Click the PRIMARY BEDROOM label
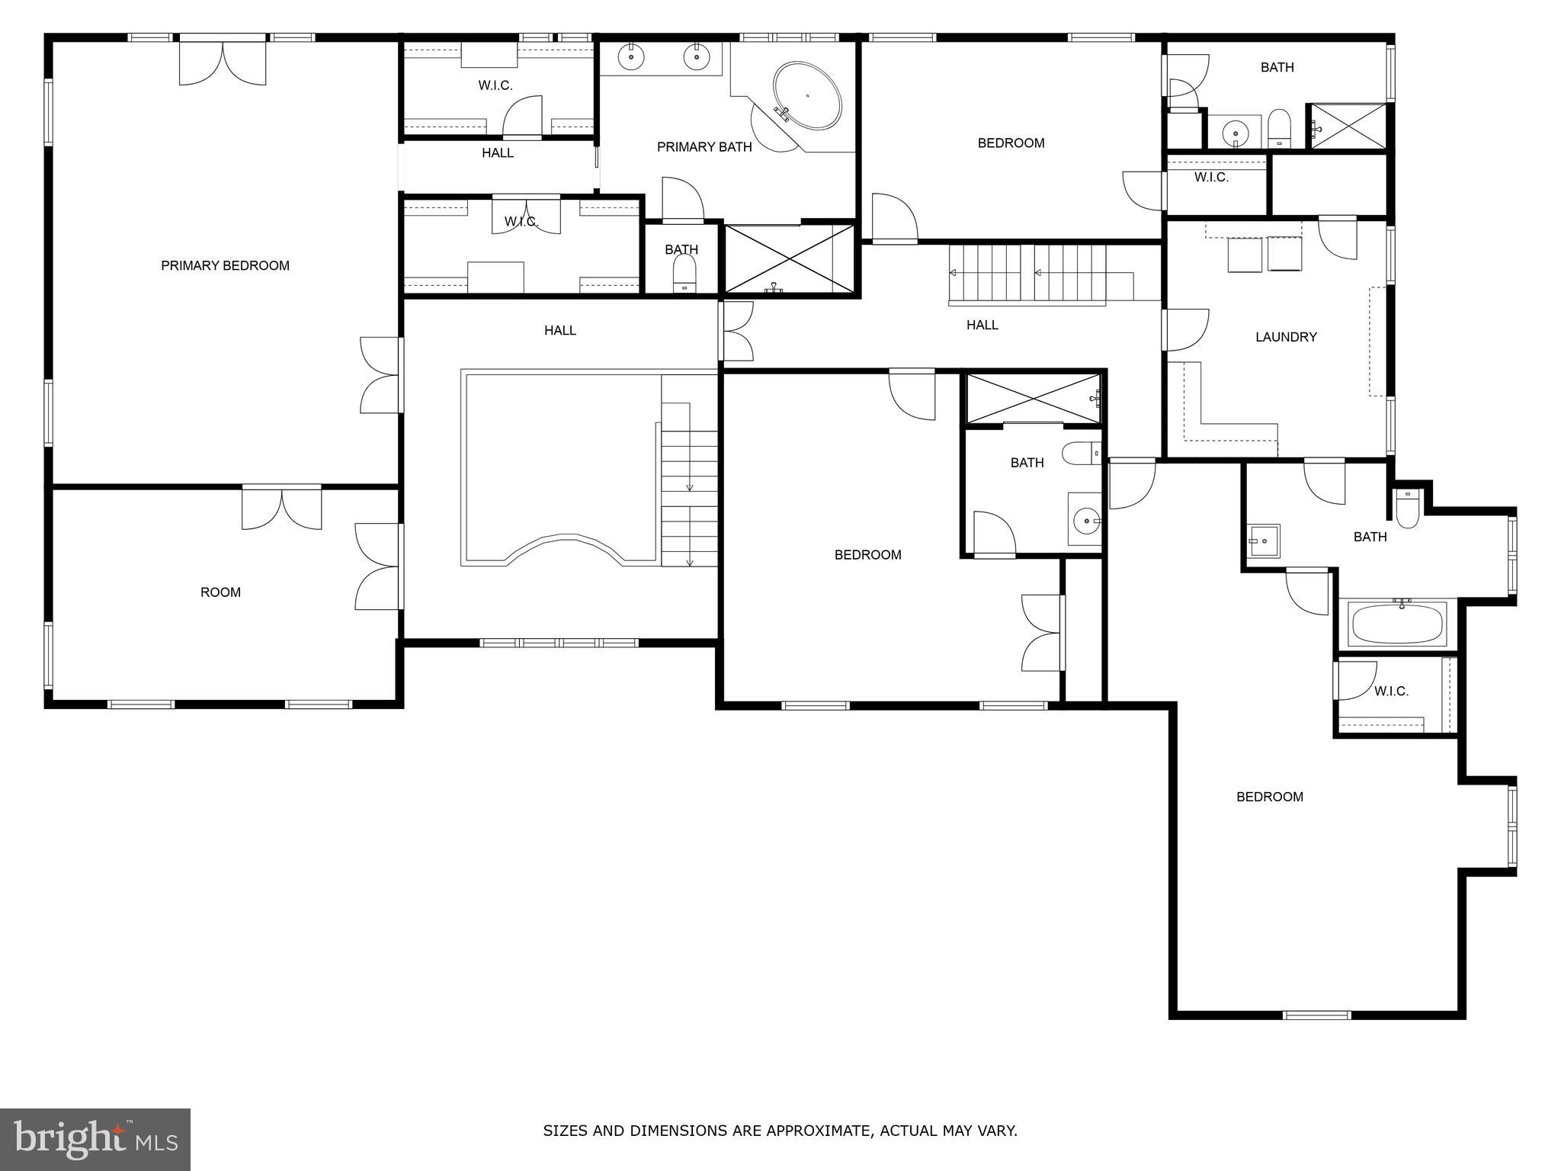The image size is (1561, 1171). (225, 265)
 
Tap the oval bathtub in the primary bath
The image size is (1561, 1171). (807, 97)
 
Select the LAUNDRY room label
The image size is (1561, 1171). (1286, 337)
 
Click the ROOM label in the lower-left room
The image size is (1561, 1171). (220, 592)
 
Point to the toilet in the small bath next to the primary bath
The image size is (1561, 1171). (684, 271)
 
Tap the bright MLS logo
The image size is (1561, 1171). (95, 1139)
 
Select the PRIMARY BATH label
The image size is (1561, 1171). (704, 147)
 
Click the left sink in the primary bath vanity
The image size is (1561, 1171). (632, 56)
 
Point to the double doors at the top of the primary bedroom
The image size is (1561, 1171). (223, 63)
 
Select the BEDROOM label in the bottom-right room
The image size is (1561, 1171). (1269, 797)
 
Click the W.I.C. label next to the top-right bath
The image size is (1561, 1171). (1210, 178)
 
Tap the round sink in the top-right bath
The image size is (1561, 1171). (1235, 134)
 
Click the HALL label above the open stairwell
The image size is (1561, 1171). (559, 330)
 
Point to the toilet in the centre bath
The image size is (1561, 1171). (1082, 452)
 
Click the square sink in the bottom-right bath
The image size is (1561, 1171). (1263, 541)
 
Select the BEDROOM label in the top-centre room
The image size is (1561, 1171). (1011, 143)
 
